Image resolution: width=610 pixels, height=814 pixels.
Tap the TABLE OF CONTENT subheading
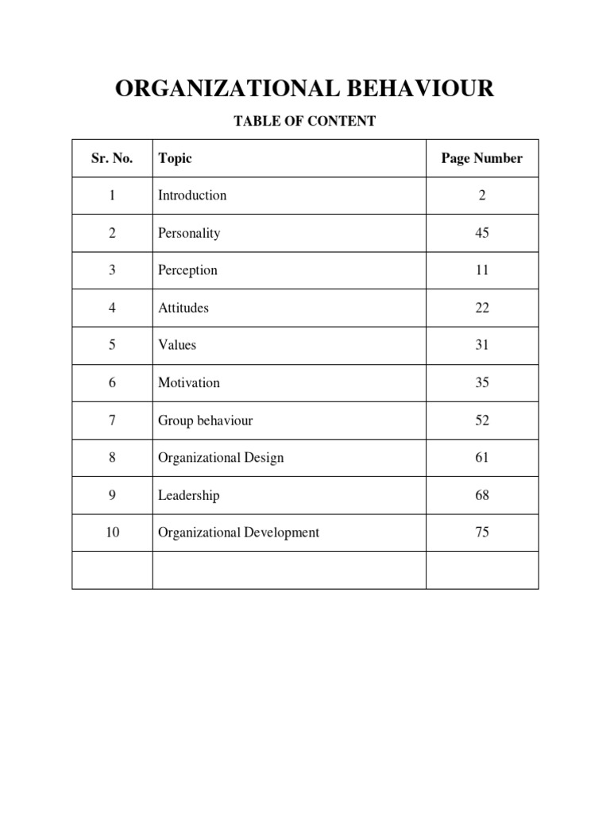pyautogui.click(x=304, y=122)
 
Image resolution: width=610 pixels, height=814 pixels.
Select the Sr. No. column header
pyautogui.click(x=112, y=158)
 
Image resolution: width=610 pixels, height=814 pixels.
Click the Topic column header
pyautogui.click(x=175, y=158)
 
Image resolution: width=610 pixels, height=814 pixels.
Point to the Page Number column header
pyautogui.click(x=482, y=158)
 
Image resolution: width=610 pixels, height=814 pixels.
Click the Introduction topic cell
pyautogui.click(x=192, y=196)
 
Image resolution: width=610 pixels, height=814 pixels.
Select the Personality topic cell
pyautogui.click(x=189, y=233)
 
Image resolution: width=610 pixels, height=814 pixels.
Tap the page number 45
pyautogui.click(x=482, y=233)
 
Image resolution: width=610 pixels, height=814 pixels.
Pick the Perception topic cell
pyautogui.click(x=187, y=270)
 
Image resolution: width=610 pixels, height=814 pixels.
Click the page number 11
pyautogui.click(x=482, y=270)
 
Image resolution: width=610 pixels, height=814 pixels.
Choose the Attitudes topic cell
pyautogui.click(x=183, y=308)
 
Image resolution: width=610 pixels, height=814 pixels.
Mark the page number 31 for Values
pyautogui.click(x=482, y=345)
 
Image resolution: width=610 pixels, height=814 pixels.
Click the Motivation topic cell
pyautogui.click(x=189, y=382)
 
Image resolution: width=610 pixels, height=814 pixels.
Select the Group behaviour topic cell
pyautogui.click(x=205, y=421)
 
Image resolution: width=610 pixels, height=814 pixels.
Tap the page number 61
pyautogui.click(x=482, y=458)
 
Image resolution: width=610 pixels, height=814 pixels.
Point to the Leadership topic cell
pyautogui.click(x=189, y=495)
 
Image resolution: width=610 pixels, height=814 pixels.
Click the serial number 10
pyautogui.click(x=112, y=533)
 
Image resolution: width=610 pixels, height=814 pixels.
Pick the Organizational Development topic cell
pyautogui.click(x=238, y=533)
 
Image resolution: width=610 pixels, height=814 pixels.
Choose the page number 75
pyautogui.click(x=482, y=533)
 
